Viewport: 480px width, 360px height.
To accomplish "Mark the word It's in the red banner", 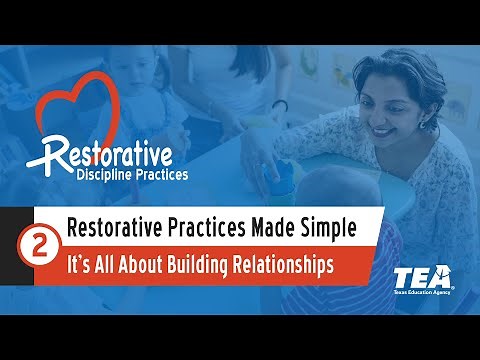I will [79, 265].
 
